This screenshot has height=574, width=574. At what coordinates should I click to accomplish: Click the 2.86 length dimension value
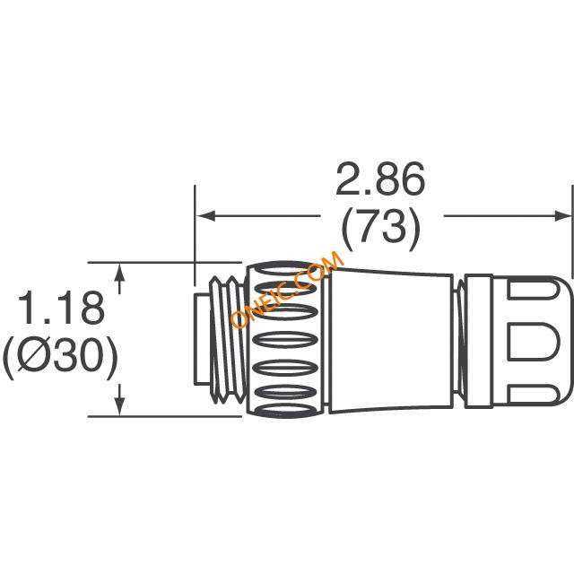coord(380,179)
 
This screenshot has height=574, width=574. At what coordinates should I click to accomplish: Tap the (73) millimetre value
coord(380,230)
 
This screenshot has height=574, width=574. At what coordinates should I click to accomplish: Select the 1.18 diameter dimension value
coord(62,308)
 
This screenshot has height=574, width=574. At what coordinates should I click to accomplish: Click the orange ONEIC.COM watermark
coord(288,290)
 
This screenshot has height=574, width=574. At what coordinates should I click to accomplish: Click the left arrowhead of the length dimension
coord(205,216)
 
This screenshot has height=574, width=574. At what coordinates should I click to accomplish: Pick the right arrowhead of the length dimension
coord(562,216)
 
